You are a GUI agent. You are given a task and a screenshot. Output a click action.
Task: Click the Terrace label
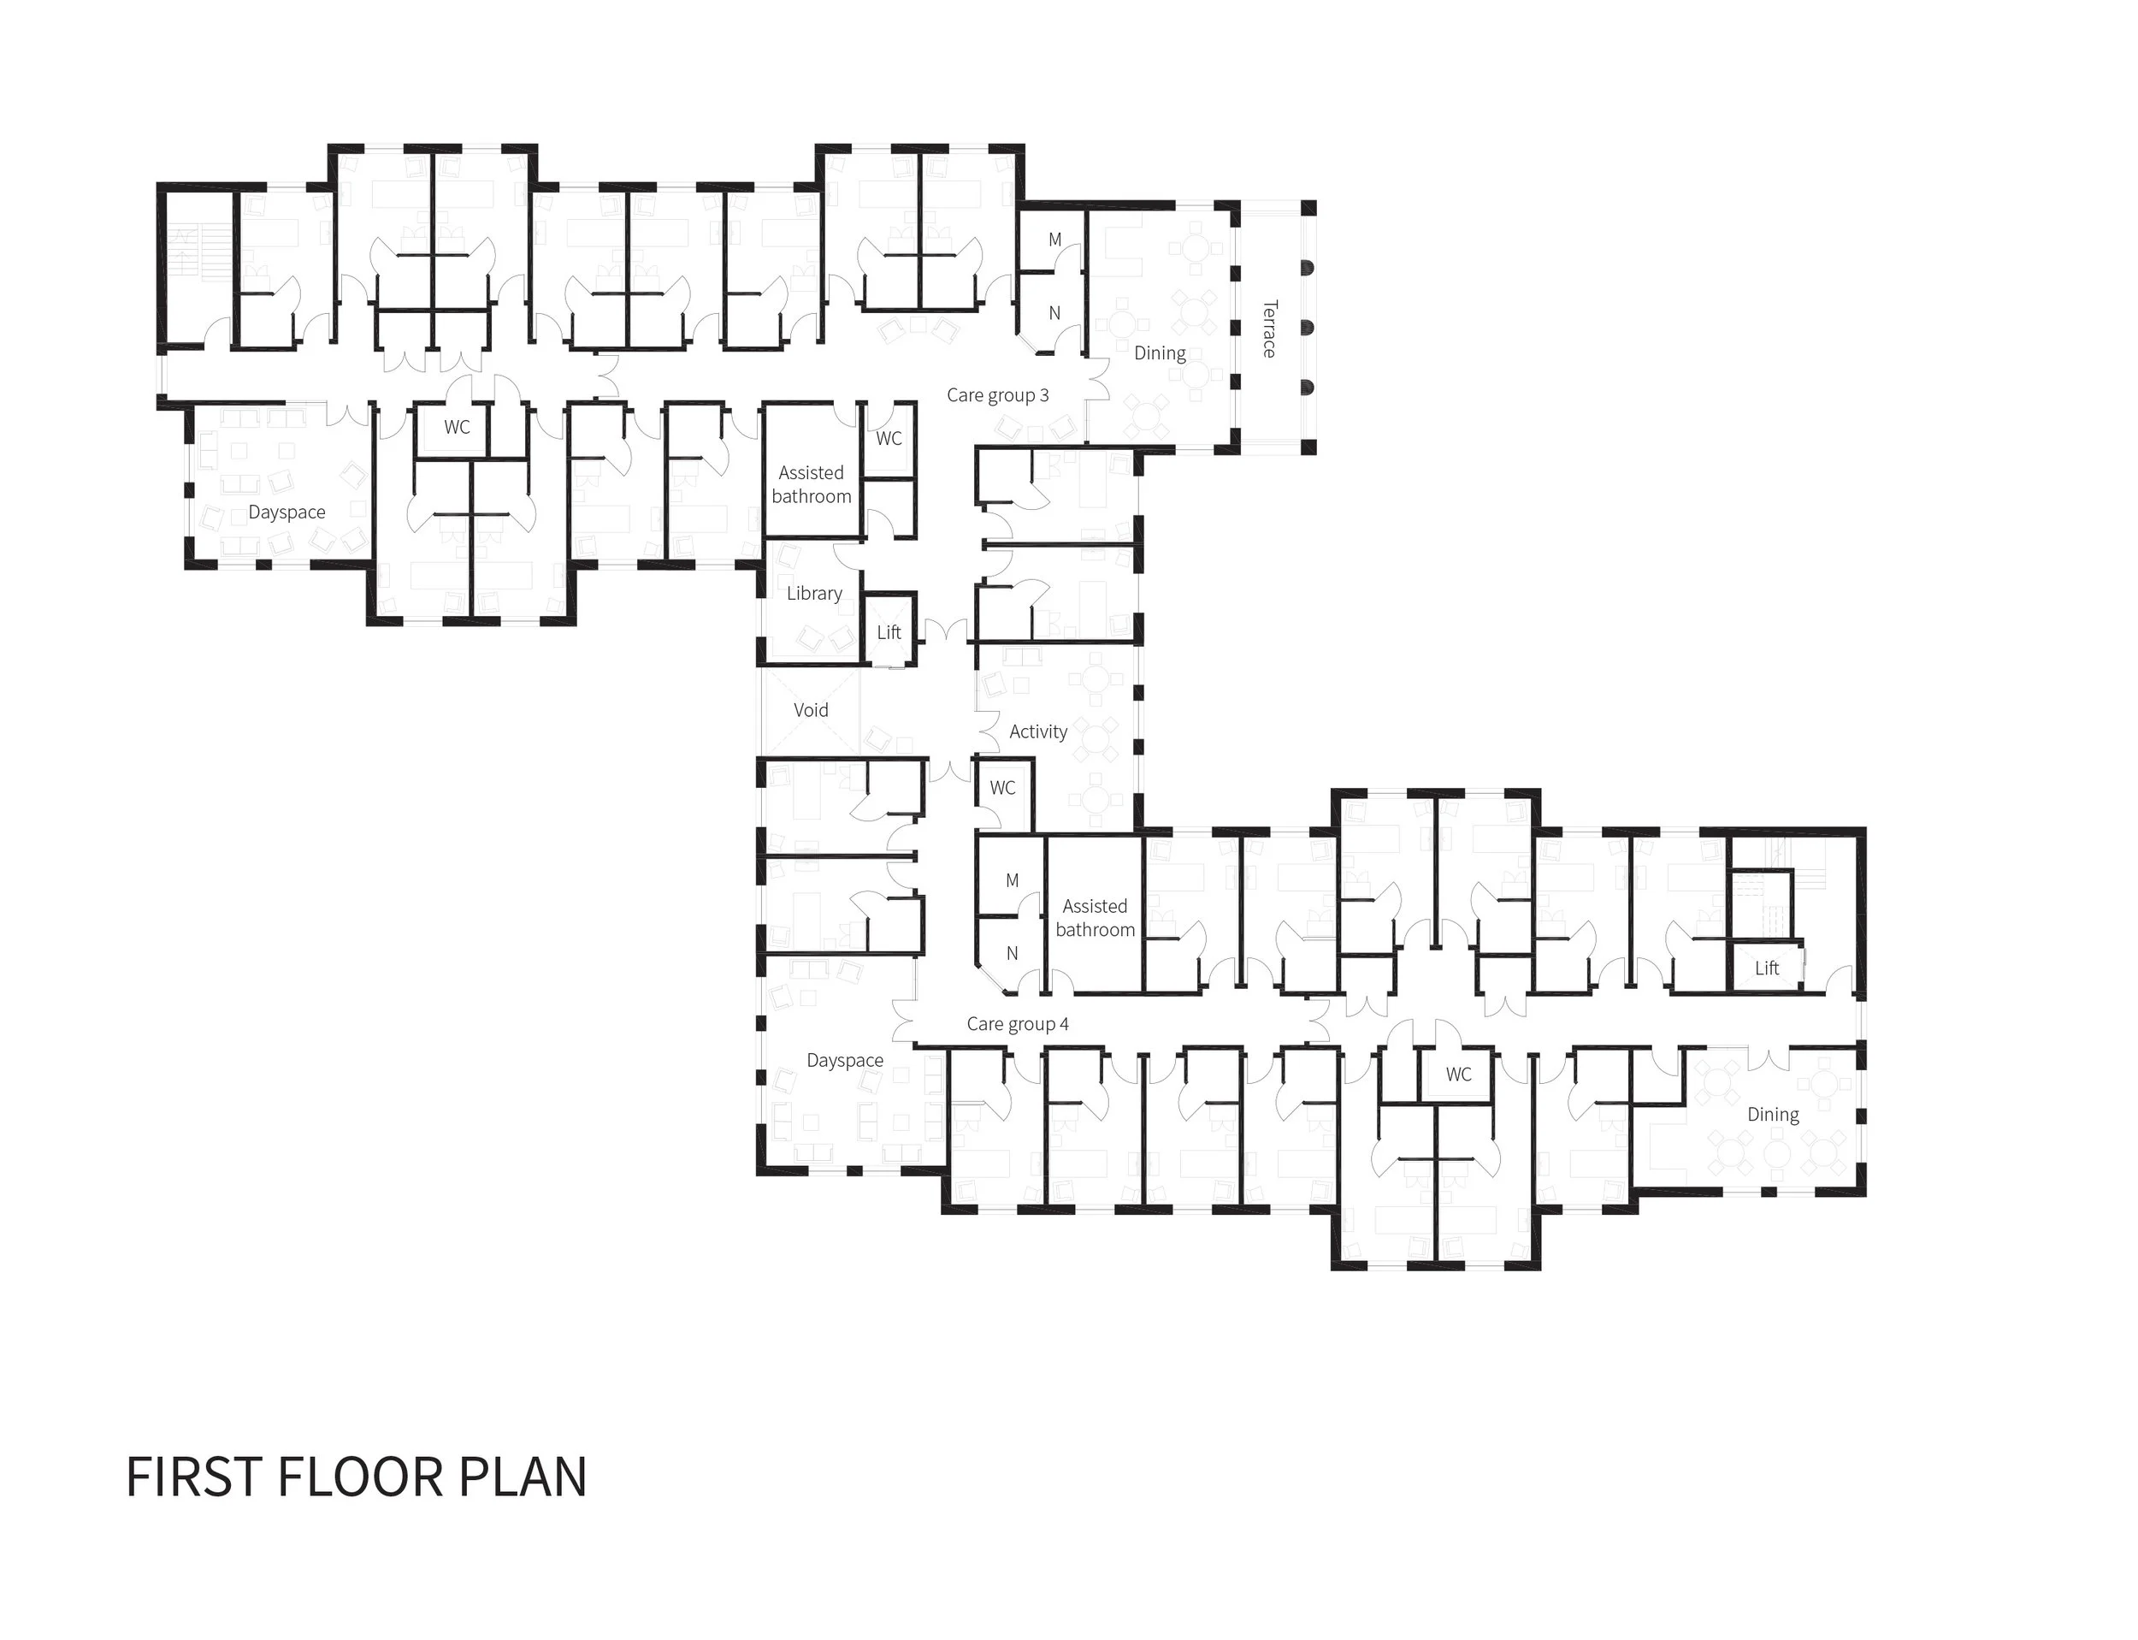point(1268,329)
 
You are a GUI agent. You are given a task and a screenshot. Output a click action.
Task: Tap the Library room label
point(814,594)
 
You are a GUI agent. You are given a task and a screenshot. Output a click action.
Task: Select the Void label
point(811,711)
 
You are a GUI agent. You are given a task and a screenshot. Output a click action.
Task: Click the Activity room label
point(1038,732)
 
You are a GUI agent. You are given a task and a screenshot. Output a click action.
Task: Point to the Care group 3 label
point(997,395)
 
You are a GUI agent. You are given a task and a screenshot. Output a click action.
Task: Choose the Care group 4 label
point(1018,1024)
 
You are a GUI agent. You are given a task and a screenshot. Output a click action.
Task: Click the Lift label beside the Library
point(889,632)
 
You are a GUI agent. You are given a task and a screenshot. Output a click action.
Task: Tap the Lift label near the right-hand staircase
point(1766,968)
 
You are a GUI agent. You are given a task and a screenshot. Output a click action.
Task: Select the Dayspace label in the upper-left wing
point(286,512)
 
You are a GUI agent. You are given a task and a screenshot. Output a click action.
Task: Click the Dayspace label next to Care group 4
point(845,1061)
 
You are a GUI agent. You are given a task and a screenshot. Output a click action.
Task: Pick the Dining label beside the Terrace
point(1160,353)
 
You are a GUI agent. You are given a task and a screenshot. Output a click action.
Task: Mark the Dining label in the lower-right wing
point(1773,1115)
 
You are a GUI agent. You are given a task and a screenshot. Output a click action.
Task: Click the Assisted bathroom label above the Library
point(811,485)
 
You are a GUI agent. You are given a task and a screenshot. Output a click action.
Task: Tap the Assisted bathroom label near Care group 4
point(1095,919)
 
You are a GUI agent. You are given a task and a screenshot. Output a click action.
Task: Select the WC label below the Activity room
point(1002,788)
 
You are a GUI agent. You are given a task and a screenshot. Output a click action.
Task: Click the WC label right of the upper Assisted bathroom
point(889,439)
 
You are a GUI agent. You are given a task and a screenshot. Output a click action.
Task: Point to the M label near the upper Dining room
point(1054,240)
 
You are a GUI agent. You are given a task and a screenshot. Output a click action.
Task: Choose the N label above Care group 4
point(1012,954)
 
